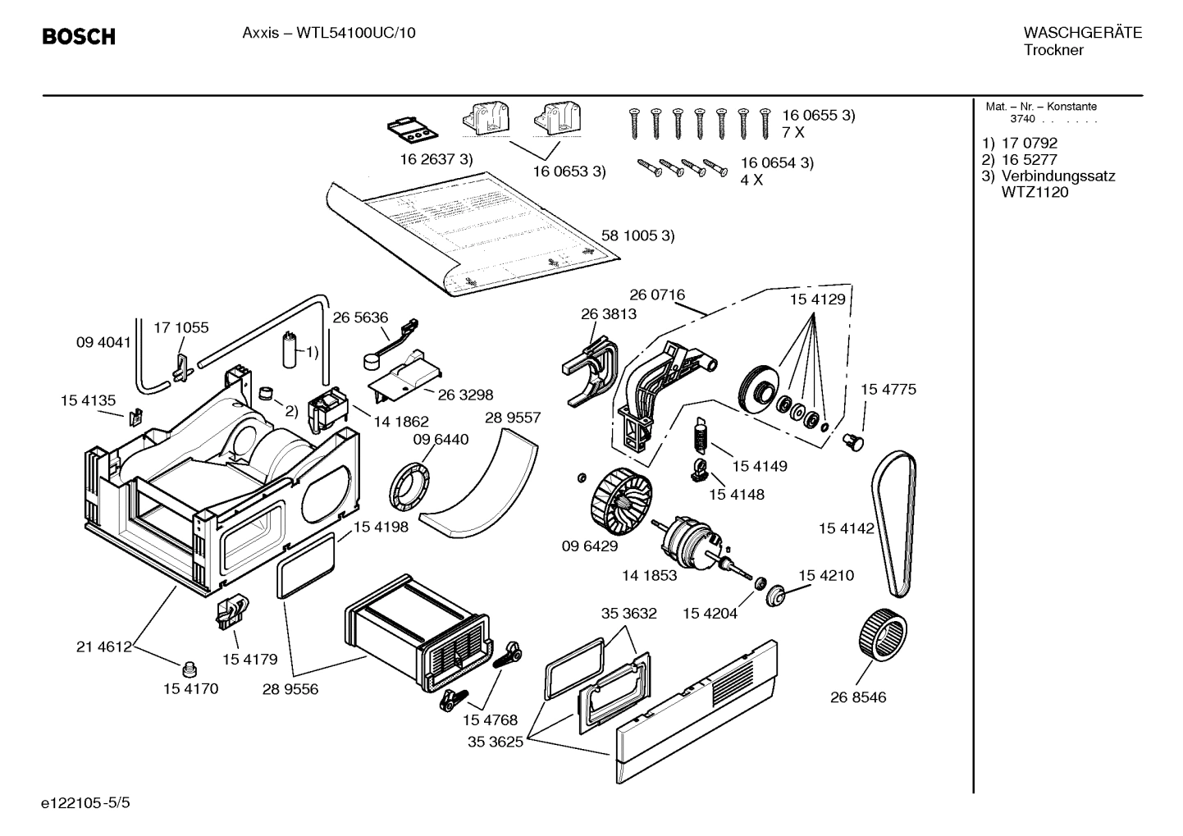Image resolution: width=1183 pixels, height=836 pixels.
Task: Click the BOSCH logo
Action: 79,37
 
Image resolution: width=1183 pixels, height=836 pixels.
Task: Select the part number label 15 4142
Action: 846,529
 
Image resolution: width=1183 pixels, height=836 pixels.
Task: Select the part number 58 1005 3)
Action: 637,235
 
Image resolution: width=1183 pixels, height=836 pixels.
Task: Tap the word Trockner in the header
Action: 1053,50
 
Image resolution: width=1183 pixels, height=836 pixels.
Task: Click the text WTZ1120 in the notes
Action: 1035,193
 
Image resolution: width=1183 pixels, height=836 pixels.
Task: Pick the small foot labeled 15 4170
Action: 190,665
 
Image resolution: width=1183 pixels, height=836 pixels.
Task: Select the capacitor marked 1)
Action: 290,350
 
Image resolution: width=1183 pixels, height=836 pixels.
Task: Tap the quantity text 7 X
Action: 792,132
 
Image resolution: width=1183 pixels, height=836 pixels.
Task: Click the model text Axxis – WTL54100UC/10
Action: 329,34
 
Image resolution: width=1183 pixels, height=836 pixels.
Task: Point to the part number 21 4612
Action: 104,646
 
